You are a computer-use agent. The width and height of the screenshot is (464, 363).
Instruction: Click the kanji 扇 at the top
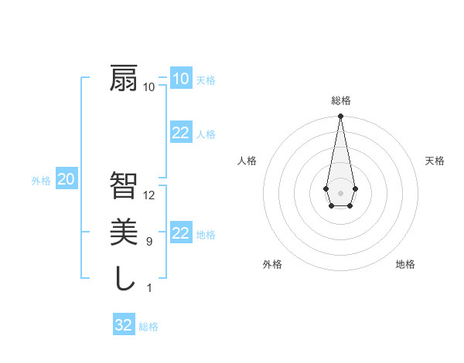coord(124,79)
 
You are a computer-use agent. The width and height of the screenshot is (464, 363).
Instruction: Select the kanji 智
coord(124,185)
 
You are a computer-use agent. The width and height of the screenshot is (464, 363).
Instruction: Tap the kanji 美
coord(124,232)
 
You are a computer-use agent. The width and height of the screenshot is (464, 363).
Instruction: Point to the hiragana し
coord(124,278)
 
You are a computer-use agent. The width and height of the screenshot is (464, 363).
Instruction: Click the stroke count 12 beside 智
coord(150,195)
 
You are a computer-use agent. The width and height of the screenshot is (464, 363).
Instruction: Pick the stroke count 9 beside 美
coord(150,242)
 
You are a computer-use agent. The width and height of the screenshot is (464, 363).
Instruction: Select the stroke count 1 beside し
coord(149,288)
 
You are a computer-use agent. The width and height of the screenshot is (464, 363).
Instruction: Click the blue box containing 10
coord(180,78)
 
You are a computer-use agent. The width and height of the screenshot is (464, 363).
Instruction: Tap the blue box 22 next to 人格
coord(180,133)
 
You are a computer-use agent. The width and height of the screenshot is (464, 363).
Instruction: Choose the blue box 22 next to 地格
coord(180,233)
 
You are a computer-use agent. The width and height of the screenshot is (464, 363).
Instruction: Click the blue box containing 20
coord(66,180)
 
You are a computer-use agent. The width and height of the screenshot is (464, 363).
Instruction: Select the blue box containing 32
coord(123,325)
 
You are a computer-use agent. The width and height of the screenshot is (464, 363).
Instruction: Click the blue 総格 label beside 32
coord(148,327)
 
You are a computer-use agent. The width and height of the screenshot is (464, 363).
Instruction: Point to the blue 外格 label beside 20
coord(41,181)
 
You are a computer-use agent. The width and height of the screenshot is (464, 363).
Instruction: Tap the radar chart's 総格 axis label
coord(340,100)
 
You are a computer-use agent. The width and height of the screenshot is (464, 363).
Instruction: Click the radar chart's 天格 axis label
coord(435,161)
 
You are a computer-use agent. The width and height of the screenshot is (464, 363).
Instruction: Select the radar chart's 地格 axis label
coord(405,264)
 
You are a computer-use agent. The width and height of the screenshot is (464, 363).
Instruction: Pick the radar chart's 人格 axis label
coord(247,161)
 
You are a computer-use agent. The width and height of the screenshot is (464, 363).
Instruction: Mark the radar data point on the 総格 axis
coord(340,117)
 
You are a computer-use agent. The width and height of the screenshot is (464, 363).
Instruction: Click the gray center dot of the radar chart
coord(340,192)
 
